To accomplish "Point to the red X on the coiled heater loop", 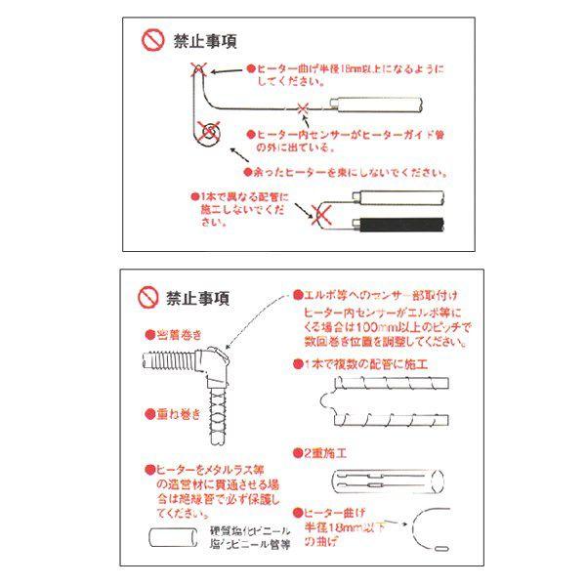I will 207,129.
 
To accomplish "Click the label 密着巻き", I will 172,333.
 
